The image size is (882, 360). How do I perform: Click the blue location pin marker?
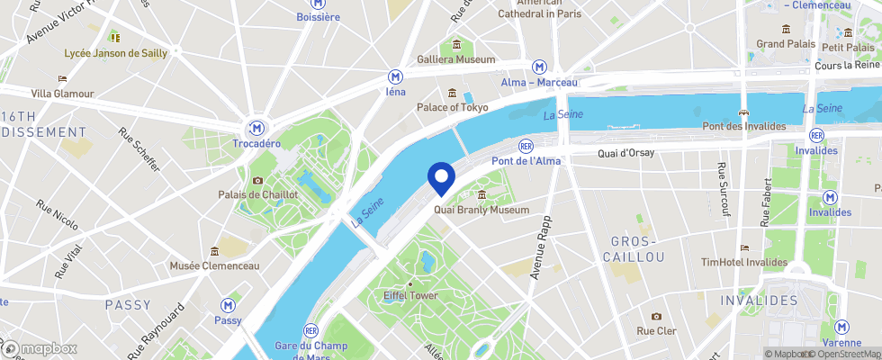coord(441,176)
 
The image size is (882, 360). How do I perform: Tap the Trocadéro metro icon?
coord(257,128)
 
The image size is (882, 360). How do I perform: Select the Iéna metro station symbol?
coord(395,76)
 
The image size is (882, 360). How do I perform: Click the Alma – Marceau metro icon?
coord(539,67)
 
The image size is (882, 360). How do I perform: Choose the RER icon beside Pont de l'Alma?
coord(526,146)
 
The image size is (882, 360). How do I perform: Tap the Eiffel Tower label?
coord(410,296)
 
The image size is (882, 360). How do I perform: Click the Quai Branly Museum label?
coord(481,210)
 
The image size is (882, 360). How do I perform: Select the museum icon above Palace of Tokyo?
coord(452,93)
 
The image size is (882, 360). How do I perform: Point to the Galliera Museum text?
coord(456,59)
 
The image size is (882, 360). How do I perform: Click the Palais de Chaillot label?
coord(257,194)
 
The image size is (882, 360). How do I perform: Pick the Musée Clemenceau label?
coord(214,265)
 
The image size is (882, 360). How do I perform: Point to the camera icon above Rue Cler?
coord(656,316)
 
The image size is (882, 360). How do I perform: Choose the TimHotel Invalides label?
coord(743,262)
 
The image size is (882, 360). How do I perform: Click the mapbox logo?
coord(40,348)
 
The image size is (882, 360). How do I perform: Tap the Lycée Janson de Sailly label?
coord(115,53)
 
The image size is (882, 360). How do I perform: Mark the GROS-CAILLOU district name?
coord(637,249)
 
